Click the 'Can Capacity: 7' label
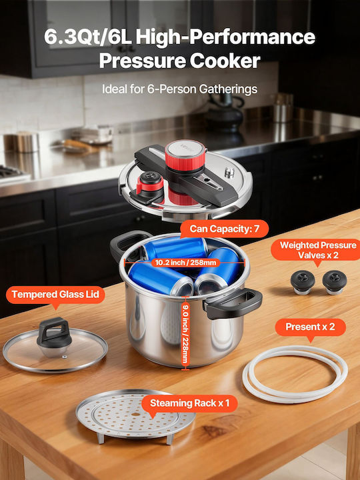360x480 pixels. click(x=225, y=229)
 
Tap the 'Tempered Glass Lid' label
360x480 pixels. click(x=55, y=295)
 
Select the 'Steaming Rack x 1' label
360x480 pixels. click(x=189, y=403)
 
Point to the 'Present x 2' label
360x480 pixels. click(x=311, y=327)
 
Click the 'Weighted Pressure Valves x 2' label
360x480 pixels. click(x=317, y=250)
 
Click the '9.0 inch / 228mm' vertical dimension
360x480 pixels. click(x=185, y=333)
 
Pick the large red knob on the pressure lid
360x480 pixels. click(x=185, y=156)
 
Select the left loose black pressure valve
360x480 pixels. click(x=303, y=281)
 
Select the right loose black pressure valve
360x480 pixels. click(x=334, y=281)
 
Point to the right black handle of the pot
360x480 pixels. click(x=233, y=303)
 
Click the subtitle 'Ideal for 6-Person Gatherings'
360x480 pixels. click(x=180, y=89)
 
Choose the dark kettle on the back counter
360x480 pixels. click(x=225, y=113)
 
